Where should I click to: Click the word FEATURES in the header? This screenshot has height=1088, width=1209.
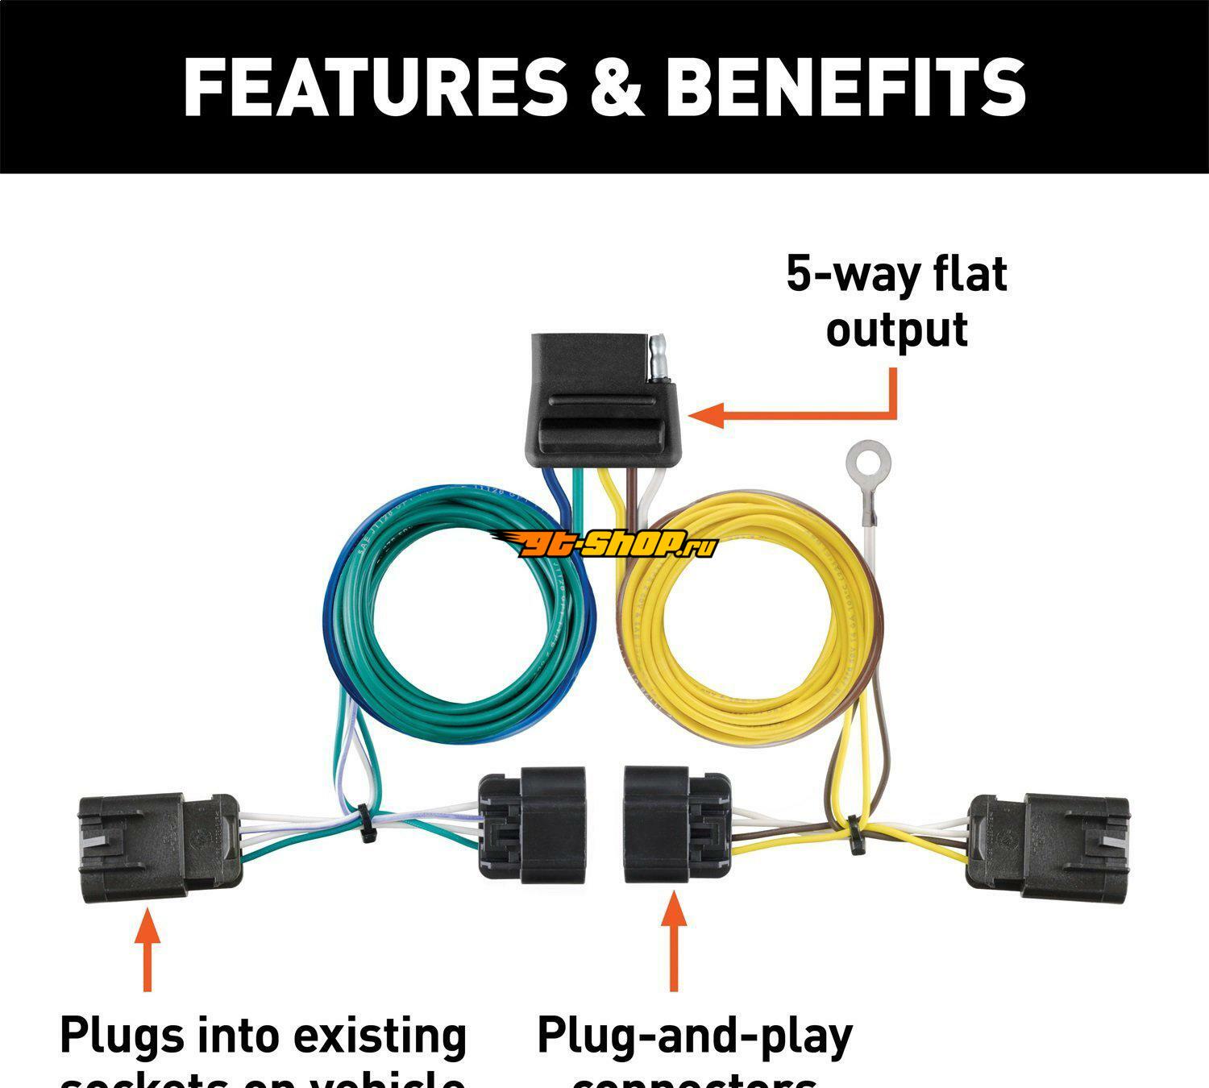(x=375, y=87)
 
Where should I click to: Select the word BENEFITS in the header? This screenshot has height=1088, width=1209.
(x=845, y=87)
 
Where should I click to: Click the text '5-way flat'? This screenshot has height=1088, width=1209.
(x=896, y=274)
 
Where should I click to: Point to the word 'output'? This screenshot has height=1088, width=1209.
(x=896, y=330)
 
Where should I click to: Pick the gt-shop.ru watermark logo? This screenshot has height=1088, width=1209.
(x=604, y=546)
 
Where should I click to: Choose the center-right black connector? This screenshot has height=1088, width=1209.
(x=677, y=823)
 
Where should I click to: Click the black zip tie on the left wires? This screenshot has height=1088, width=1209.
(x=366, y=823)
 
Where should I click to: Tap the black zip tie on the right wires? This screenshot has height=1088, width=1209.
(x=851, y=833)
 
